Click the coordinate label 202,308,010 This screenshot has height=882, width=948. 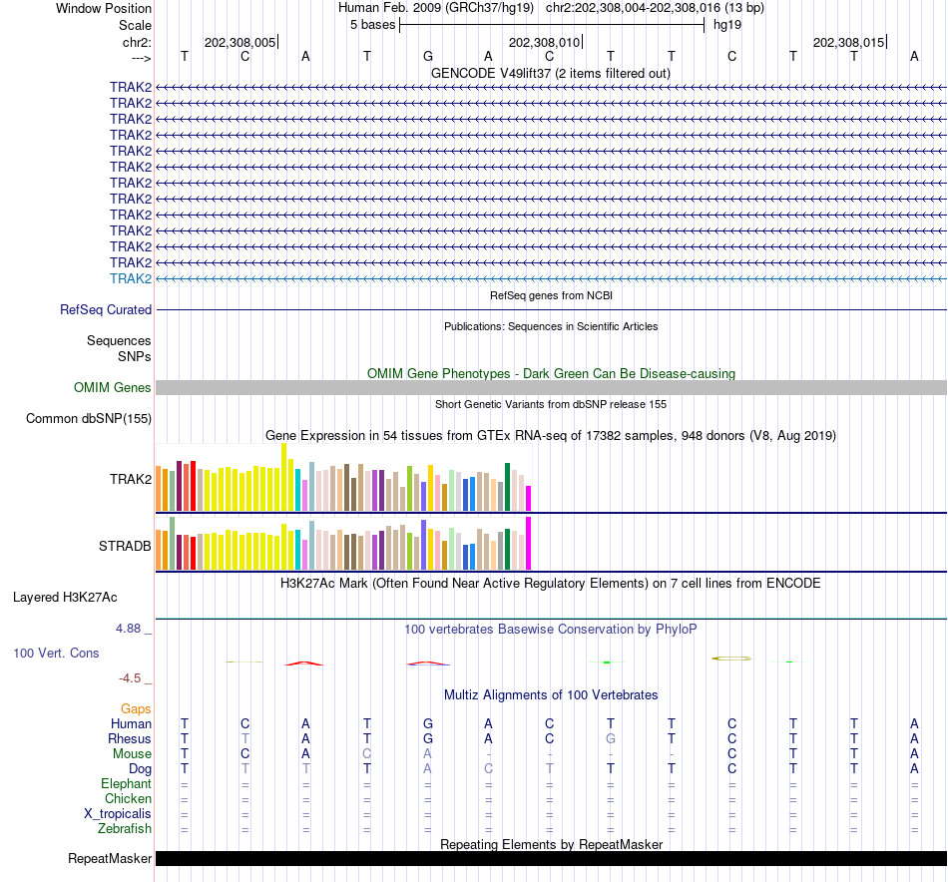pyautogui.click(x=544, y=42)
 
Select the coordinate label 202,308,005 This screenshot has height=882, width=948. pyautogui.click(x=239, y=42)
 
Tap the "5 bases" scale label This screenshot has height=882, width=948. pyautogui.click(x=372, y=25)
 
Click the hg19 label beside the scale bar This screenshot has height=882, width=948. pyautogui.click(x=726, y=25)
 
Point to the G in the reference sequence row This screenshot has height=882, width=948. pyautogui.click(x=427, y=57)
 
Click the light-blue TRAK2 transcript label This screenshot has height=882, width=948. pyautogui.click(x=131, y=278)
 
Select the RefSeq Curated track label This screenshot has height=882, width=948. pyautogui.click(x=106, y=310)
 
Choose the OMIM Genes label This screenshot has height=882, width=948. pyautogui.click(x=113, y=387)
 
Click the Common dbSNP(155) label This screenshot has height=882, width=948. pyautogui.click(x=89, y=418)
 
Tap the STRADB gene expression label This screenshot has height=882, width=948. pyautogui.click(x=125, y=546)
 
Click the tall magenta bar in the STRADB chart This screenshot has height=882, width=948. pyautogui.click(x=529, y=543)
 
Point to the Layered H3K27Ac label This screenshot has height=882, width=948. pyautogui.click(x=65, y=598)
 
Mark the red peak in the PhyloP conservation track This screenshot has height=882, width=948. pyautogui.click(x=304, y=662)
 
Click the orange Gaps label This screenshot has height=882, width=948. pyautogui.click(x=136, y=708)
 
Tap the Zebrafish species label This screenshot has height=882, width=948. pyautogui.click(x=125, y=828)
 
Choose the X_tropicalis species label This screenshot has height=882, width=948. pyautogui.click(x=118, y=813)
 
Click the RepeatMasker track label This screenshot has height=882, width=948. pyautogui.click(x=110, y=859)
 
